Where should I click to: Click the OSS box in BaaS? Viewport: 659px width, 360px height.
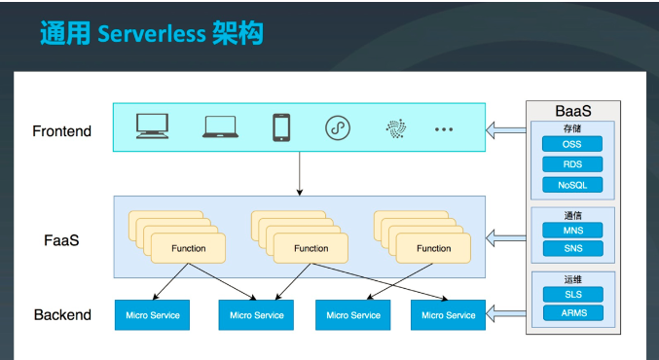571,144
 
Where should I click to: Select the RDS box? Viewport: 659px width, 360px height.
571,164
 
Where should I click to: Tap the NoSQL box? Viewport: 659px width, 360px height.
571,185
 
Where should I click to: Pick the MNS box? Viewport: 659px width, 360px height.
571,230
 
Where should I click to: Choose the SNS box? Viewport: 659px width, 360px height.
571,249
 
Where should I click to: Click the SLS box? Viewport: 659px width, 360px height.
571,294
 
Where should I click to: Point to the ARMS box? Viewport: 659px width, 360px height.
571,313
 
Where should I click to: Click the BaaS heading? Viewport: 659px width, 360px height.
572,110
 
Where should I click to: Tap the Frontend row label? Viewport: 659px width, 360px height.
61,130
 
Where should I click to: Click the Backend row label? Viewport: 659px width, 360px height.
62,314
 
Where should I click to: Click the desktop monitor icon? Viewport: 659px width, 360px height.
153,126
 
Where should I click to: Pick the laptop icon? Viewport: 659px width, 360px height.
221,126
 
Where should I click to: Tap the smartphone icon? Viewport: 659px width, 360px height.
281,127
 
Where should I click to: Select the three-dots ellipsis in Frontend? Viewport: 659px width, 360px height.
444,128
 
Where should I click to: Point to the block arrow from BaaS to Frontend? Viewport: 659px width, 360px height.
504,127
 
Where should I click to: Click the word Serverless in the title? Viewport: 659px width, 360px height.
151,34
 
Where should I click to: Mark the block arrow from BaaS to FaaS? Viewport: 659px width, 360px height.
504,236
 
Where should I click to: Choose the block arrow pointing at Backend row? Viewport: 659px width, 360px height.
504,312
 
